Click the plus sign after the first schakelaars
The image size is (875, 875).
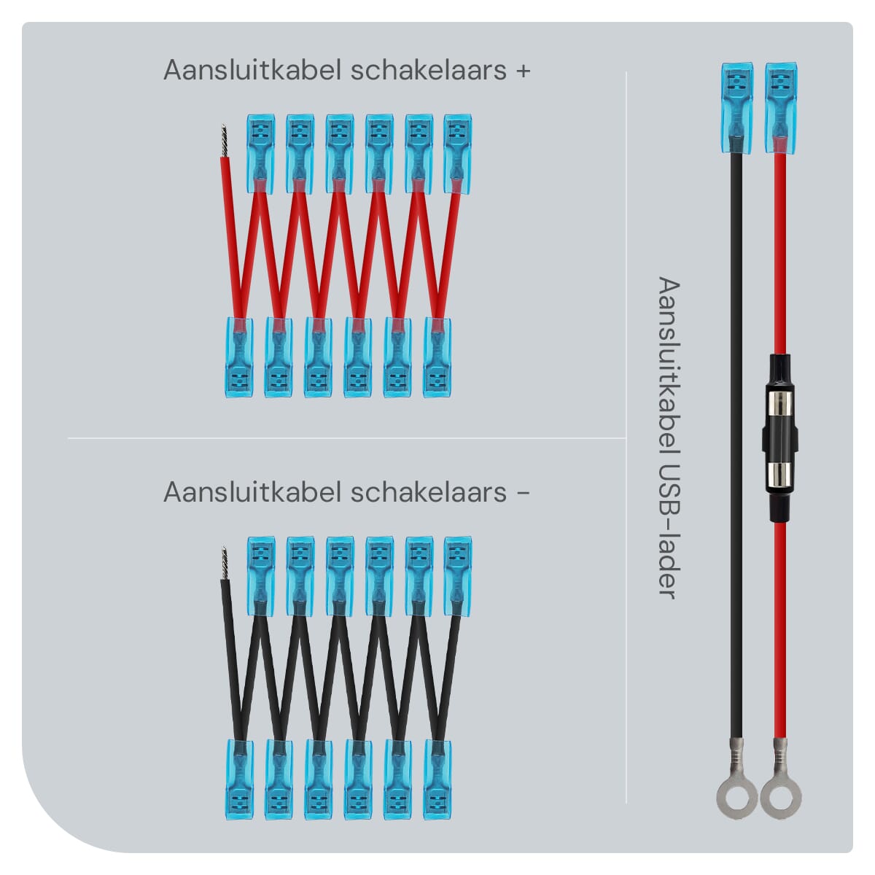coord(523,71)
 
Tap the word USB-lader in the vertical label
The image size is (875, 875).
coord(669,531)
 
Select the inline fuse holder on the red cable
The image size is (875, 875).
coord(780,437)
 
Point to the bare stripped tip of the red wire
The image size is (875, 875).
coord(223,140)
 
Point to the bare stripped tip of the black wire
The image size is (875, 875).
coord(223,563)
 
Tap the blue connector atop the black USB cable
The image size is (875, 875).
coord(737,108)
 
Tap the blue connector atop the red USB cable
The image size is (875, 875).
coord(780,108)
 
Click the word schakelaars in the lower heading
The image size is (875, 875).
coord(429,493)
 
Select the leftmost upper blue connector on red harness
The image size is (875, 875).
coord(260,154)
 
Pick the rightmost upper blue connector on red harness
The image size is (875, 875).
coord(458,154)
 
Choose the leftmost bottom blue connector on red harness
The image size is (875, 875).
coord(239,358)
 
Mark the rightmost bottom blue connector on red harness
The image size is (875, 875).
coord(437,358)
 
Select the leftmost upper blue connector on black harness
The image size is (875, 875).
coord(260,576)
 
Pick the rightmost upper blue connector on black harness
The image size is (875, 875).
coord(458,576)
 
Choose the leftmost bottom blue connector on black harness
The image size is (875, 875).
coord(239,779)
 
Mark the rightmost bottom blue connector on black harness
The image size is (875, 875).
coord(437,779)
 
